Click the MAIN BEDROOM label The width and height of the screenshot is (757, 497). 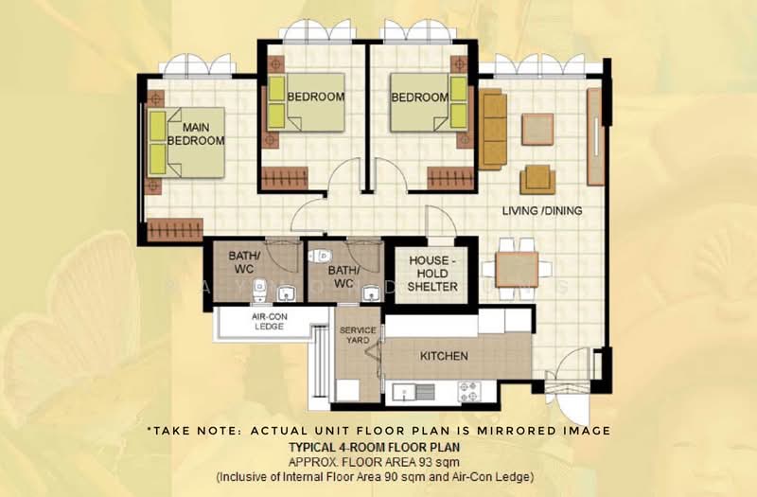[x=196, y=134]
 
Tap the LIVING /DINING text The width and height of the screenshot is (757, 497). [x=542, y=210]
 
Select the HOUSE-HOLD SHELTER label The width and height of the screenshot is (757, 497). [x=432, y=274]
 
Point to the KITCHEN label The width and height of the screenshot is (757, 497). [x=444, y=356]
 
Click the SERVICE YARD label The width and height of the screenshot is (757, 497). [x=358, y=334]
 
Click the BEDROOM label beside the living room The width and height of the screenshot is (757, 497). [x=419, y=98]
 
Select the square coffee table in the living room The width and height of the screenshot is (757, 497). [x=537, y=129]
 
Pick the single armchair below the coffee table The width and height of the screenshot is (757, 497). [x=537, y=178]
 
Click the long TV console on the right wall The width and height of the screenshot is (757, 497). [x=594, y=137]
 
